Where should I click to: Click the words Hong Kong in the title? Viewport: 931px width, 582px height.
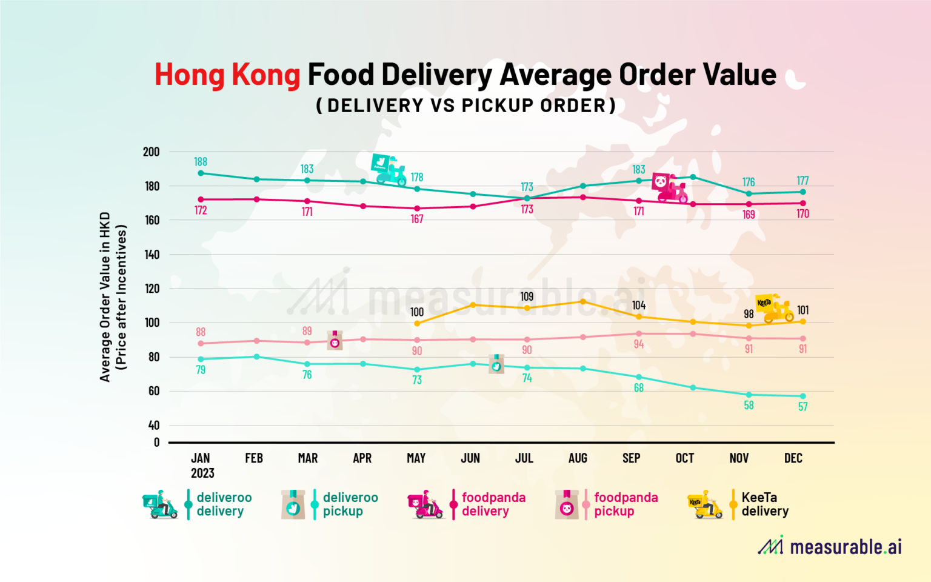pyautogui.click(x=227, y=75)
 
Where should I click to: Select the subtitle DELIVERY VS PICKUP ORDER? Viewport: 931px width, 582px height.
pyautogui.click(x=465, y=105)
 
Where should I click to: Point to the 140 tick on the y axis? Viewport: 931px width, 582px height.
pyautogui.click(x=152, y=255)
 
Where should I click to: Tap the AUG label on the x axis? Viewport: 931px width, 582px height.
pyautogui.click(x=578, y=458)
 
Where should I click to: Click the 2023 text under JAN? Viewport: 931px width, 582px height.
pyautogui.click(x=202, y=473)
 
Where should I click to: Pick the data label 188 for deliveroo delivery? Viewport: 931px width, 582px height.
pyautogui.click(x=201, y=162)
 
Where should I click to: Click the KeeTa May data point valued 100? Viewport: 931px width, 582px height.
pyautogui.click(x=417, y=323)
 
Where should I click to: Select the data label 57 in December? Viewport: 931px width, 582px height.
pyautogui.click(x=803, y=407)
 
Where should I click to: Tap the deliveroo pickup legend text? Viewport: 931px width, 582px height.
pyautogui.click(x=350, y=504)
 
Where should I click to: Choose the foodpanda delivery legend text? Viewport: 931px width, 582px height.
pyautogui.click(x=493, y=504)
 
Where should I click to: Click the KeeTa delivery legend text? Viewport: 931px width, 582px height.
pyautogui.click(x=764, y=504)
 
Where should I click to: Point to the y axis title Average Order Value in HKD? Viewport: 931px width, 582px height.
pyautogui.click(x=105, y=297)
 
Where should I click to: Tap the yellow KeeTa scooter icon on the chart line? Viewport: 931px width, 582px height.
pyautogui.click(x=774, y=309)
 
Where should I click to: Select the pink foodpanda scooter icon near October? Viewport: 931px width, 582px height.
pyautogui.click(x=669, y=187)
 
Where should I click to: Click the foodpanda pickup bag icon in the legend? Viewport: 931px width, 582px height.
pyautogui.click(x=567, y=505)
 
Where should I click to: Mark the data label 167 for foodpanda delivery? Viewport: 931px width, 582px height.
pyautogui.click(x=417, y=219)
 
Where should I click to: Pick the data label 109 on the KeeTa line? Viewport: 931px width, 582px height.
pyautogui.click(x=527, y=296)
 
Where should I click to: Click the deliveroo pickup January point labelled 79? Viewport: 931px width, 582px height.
pyautogui.click(x=201, y=359)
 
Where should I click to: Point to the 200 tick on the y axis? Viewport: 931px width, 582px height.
pyautogui.click(x=151, y=152)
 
